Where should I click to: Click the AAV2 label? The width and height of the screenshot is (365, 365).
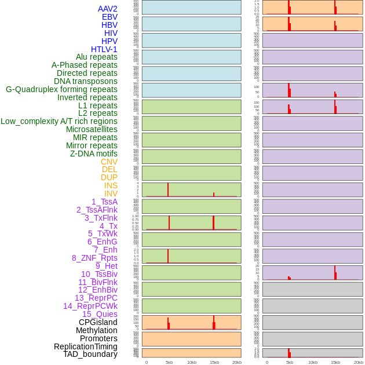[108, 9]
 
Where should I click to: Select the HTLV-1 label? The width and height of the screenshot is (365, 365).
[104, 49]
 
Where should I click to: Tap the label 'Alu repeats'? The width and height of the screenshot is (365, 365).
[97, 57]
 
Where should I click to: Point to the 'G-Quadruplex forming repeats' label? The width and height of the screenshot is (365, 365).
[61, 89]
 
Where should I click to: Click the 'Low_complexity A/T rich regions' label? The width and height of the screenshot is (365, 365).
[59, 121]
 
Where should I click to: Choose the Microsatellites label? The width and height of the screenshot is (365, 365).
[92, 129]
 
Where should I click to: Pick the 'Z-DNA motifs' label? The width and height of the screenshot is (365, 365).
[94, 154]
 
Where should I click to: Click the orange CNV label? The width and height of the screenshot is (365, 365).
[109, 162]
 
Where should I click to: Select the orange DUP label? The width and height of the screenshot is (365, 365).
[109, 177]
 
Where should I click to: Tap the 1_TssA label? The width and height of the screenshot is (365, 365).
[104, 202]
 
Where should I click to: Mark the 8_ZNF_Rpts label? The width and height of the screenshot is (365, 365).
[94, 258]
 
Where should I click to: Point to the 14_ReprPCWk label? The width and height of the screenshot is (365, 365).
[90, 306]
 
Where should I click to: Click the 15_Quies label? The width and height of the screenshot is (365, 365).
[100, 314]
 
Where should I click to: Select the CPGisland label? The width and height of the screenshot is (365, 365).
[98, 322]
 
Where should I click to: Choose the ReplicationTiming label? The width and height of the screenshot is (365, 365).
[86, 346]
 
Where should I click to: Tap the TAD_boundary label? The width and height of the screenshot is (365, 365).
[90, 354]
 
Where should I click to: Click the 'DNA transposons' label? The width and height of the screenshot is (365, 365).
[86, 81]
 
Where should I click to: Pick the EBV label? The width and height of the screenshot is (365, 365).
[110, 17]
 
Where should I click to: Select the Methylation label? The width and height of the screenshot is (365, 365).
[97, 330]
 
